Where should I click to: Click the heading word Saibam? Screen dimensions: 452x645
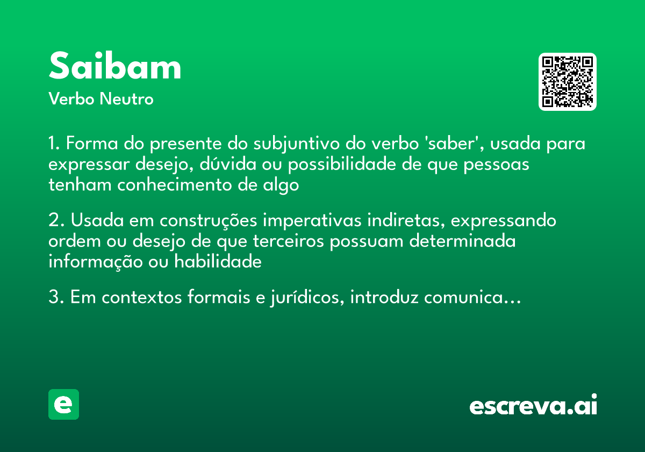pos(115,67)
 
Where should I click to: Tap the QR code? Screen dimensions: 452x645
pos(568,82)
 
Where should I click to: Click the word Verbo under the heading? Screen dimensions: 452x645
pos(70,100)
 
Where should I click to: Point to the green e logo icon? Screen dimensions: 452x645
pos(63,405)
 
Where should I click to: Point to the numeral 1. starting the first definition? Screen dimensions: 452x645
pos(54,144)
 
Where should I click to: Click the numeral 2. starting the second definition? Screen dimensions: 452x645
pos(55,221)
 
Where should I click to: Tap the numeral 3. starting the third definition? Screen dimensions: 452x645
pos(55,297)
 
